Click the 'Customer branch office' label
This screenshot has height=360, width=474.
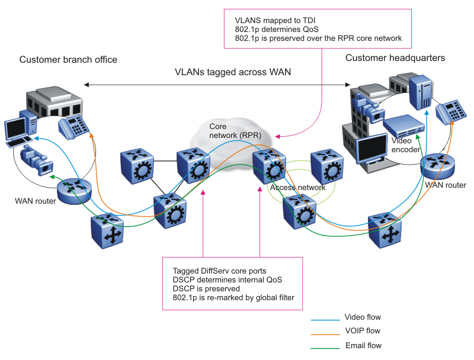(x=68, y=60)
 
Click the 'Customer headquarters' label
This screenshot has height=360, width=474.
(x=395, y=58)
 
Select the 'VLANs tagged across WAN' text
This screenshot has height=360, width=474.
(x=233, y=72)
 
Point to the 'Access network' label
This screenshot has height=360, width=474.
(x=297, y=188)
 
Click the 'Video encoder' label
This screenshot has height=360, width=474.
(x=406, y=145)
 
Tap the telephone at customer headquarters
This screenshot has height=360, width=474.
(x=449, y=109)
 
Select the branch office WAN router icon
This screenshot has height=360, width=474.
(x=75, y=191)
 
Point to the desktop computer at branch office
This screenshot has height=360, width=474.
(x=15, y=131)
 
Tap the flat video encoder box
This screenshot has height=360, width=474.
(x=403, y=125)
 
